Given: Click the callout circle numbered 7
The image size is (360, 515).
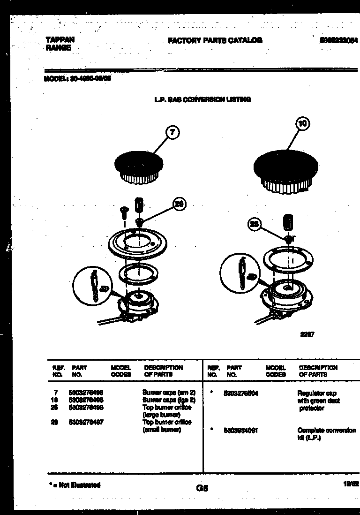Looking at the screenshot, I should [172, 133].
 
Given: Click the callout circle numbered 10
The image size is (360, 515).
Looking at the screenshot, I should [302, 124].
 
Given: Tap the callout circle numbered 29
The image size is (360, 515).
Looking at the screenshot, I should [179, 204].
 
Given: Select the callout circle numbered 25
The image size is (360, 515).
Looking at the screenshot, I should [255, 225].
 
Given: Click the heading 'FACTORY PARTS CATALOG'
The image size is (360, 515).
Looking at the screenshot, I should [215, 41].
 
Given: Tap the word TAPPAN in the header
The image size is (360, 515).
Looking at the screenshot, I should [60, 40].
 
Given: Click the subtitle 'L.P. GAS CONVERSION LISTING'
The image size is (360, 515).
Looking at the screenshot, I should [202, 99].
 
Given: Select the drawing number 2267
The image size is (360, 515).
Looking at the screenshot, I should [307, 334].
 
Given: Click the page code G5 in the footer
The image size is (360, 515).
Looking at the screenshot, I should [202, 488].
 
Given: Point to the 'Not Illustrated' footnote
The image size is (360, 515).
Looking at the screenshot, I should [75, 485].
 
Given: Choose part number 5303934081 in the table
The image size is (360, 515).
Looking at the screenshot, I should [242, 430].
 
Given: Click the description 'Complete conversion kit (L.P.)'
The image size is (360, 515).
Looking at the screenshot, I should [326, 434].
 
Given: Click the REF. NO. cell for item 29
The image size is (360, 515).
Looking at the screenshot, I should [54, 422].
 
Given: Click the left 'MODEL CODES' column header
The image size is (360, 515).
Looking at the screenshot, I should [121, 371].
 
